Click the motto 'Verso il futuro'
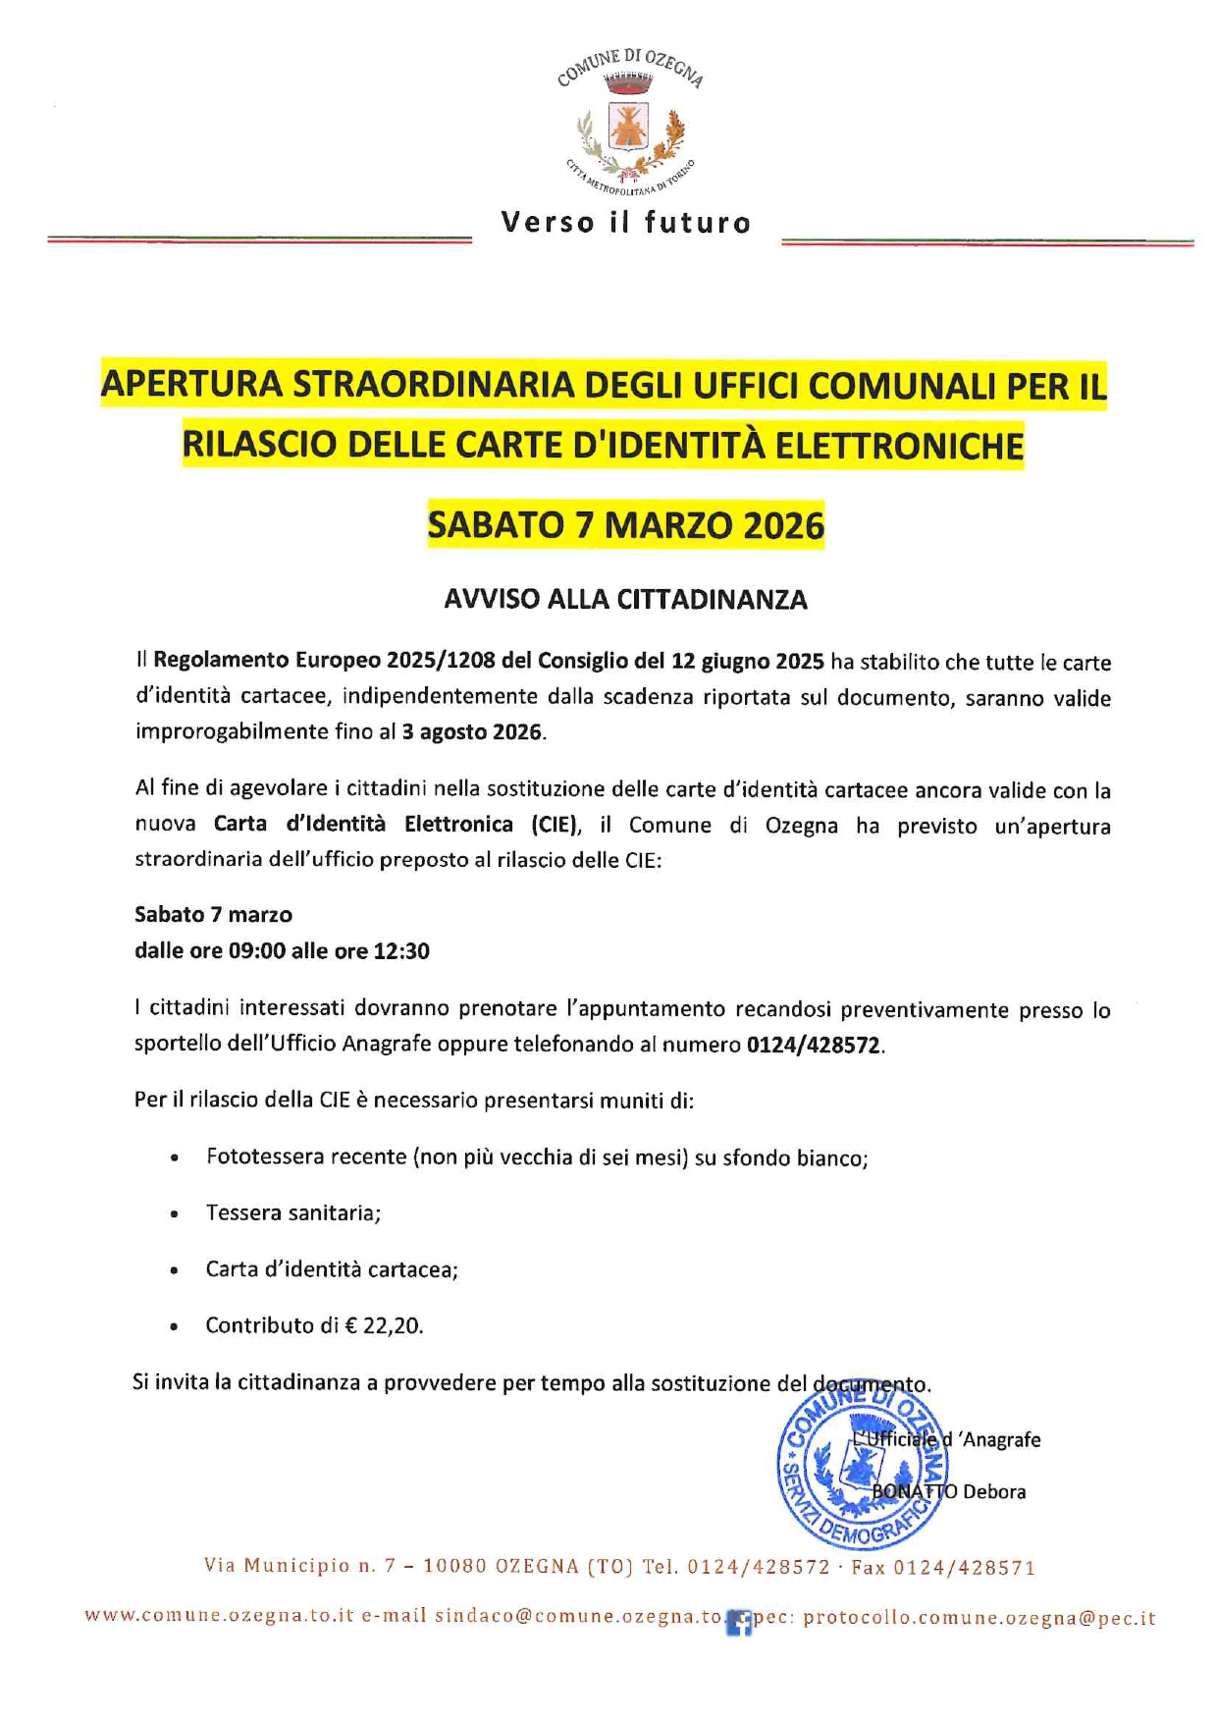626,223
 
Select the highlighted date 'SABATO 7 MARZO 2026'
626,525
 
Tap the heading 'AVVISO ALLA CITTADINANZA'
625,599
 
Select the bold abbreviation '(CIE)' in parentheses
555,824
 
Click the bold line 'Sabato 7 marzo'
213,915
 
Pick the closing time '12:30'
401,950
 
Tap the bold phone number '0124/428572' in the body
813,1045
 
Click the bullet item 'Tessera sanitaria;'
292,1213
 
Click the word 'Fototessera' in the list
257,1157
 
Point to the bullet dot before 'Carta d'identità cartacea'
174,1270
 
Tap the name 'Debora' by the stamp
994,1492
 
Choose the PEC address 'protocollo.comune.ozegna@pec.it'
979,1618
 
